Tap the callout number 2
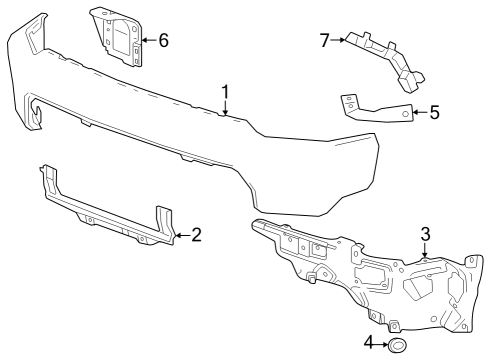click(196, 236)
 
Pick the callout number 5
click(434, 113)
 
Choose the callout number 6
click(163, 41)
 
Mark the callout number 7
click(325, 40)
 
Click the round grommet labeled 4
click(397, 346)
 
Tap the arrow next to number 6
click(147, 41)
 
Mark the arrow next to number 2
click(181, 236)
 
